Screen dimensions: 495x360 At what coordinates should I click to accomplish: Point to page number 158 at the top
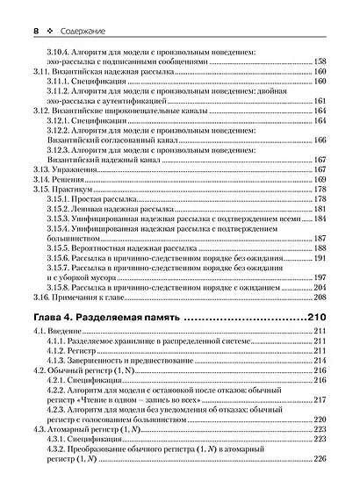(x=321, y=62)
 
